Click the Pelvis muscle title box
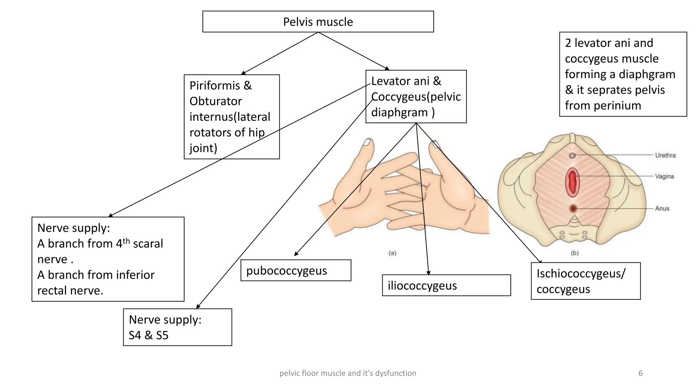(x=318, y=22)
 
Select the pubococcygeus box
(x=295, y=271)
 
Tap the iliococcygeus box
(x=446, y=285)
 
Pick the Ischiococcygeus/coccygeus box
(x=585, y=281)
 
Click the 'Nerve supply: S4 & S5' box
(x=177, y=327)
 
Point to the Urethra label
(x=665, y=155)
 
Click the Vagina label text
(x=664, y=176)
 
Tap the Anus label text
(x=662, y=208)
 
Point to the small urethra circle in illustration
(x=572, y=155)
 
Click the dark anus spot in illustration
(x=573, y=208)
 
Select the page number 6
(x=640, y=373)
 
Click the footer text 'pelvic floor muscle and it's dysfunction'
(x=348, y=373)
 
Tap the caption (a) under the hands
(x=393, y=253)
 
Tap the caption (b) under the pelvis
(x=574, y=253)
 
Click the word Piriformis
(x=214, y=86)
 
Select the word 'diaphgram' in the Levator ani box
(x=399, y=112)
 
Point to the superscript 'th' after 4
(x=126, y=241)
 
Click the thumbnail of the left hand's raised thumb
(x=367, y=142)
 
